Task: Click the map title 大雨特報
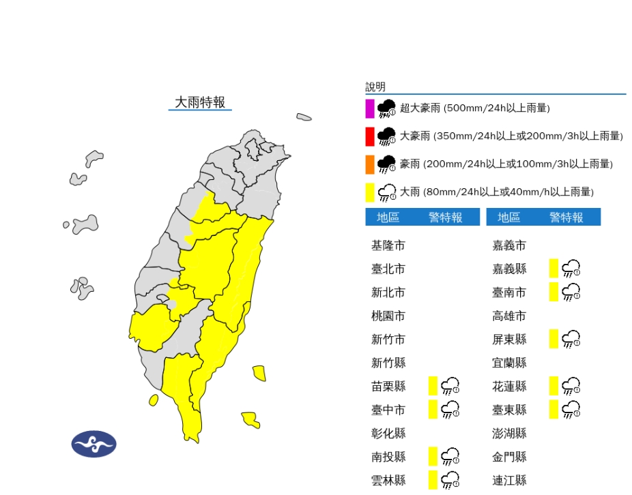click(x=200, y=102)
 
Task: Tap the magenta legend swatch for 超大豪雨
click(x=369, y=108)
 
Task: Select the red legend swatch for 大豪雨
click(x=369, y=136)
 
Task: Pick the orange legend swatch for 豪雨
click(x=369, y=164)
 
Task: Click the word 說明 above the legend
click(x=375, y=87)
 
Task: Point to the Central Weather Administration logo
click(x=94, y=444)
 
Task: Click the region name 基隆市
click(x=388, y=245)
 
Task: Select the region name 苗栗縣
click(x=388, y=387)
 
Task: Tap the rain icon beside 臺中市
click(x=450, y=409)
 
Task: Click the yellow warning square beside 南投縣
click(x=432, y=456)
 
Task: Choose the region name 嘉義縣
click(x=509, y=269)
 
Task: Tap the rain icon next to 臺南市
click(x=571, y=292)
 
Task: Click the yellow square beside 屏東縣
click(x=554, y=338)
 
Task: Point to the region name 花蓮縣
click(x=509, y=387)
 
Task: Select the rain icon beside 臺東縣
click(x=571, y=409)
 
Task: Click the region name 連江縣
click(x=509, y=480)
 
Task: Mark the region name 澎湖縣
click(x=509, y=433)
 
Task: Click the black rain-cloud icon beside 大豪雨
click(x=387, y=136)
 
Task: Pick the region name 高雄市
click(x=509, y=316)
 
